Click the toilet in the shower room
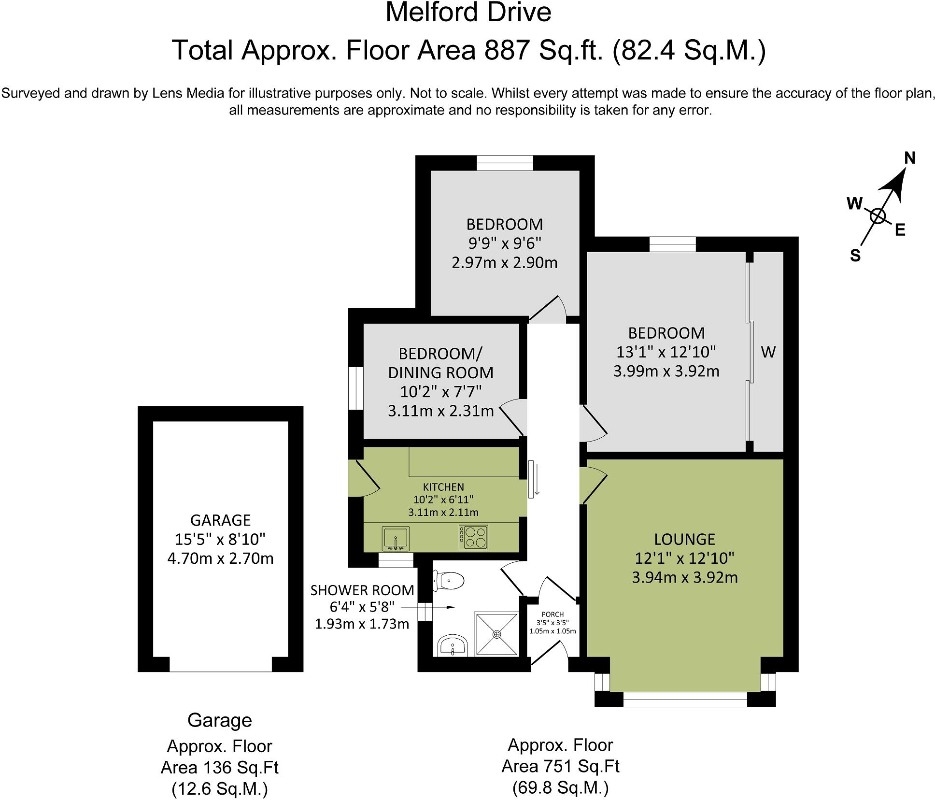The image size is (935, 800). point(449,580)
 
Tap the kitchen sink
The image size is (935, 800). point(396,539)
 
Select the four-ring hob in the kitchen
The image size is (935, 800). point(473,537)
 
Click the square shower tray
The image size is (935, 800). point(497,634)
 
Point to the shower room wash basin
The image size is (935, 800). point(453,646)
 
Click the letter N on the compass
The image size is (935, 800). point(909,158)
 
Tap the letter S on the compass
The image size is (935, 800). point(855,256)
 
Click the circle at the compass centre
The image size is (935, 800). point(878,216)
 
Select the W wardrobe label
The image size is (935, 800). point(768,352)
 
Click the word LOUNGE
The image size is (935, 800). point(684,539)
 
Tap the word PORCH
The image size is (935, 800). point(552,614)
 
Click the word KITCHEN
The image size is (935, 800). point(443,487)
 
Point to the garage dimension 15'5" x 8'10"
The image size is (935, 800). point(221,539)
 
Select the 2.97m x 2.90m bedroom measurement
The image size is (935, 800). point(505,263)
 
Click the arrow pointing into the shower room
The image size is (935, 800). point(428,607)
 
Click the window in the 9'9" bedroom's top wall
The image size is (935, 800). point(505,163)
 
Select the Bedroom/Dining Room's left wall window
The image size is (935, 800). point(356,389)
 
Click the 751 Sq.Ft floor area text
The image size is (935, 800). point(561,766)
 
